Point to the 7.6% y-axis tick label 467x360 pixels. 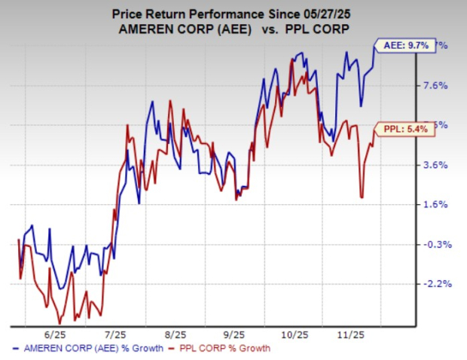(438, 86)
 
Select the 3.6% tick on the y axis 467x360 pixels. (438, 165)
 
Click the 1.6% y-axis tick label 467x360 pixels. (438, 205)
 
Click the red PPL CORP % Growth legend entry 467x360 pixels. (222, 348)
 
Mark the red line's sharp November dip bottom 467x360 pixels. (362, 197)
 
